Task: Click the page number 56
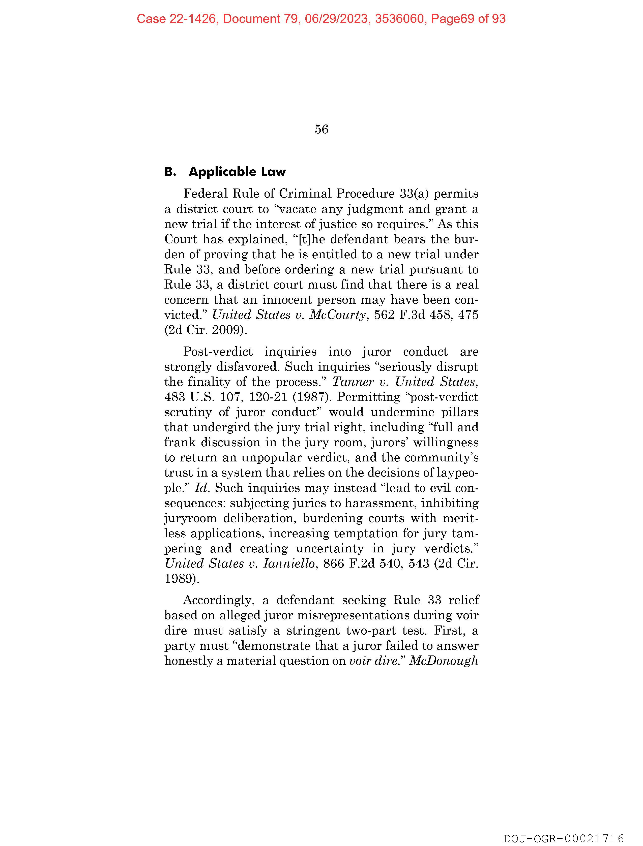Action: (x=321, y=129)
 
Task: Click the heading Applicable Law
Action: (x=237, y=172)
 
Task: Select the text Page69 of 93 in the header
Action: (x=468, y=19)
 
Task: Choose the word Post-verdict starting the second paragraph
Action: (x=218, y=352)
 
